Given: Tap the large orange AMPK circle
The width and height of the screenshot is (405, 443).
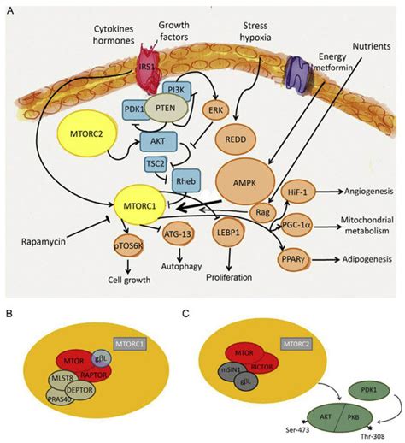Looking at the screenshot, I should tap(248, 180).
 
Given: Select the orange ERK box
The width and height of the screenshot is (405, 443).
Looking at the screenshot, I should tap(214, 109).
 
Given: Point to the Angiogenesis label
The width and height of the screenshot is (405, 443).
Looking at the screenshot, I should tap(373, 192).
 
